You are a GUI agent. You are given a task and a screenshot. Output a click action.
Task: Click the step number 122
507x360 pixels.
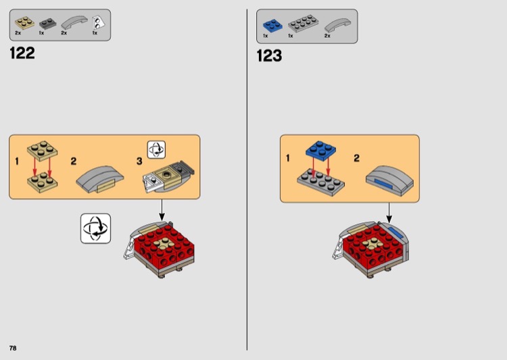click(22, 53)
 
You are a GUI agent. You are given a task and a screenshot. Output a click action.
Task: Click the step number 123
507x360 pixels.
click(269, 55)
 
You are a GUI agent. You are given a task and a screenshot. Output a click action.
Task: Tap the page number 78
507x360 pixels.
click(13, 348)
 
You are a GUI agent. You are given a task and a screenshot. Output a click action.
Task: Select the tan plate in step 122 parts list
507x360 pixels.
click(24, 23)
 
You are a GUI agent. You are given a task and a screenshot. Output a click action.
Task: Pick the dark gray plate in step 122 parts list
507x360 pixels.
click(47, 24)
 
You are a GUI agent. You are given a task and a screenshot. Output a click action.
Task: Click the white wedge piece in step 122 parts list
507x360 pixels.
click(98, 23)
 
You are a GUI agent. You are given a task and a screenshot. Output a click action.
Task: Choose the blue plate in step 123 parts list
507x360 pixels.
click(272, 26)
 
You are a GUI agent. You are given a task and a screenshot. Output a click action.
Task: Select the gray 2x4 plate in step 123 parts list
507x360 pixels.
click(303, 24)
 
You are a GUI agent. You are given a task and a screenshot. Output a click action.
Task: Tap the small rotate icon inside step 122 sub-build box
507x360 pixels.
click(157, 150)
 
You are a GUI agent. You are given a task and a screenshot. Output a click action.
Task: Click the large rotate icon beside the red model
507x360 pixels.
click(96, 228)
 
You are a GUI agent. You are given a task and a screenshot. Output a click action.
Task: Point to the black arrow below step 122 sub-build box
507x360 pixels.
click(162, 210)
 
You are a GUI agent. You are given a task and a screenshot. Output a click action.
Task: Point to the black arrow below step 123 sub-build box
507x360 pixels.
click(389, 213)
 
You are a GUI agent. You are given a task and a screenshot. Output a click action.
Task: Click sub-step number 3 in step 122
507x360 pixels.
click(139, 161)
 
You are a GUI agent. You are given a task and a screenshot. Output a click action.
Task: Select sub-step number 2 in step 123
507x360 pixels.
click(357, 158)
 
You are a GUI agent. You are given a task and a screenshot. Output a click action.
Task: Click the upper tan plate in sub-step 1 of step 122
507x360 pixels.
click(43, 151)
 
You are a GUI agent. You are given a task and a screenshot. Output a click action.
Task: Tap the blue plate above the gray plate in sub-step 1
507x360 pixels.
click(320, 151)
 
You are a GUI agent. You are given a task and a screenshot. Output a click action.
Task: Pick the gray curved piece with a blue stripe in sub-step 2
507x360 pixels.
click(390, 180)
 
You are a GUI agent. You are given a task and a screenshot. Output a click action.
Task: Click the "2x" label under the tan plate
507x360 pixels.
click(18, 33)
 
